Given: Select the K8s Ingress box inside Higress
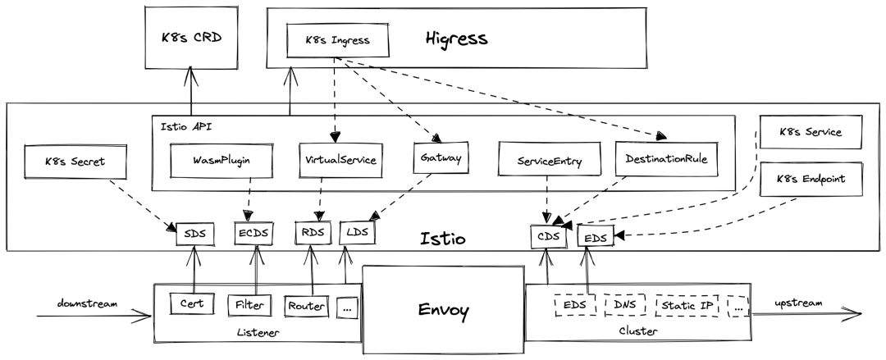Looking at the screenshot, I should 336,40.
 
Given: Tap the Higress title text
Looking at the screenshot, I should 457,38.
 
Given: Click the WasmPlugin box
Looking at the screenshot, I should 221,161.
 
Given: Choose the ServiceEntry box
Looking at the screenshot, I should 550,161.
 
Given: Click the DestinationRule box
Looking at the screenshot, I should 666,159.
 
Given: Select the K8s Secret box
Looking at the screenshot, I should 75,162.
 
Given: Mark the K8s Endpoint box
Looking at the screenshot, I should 811,179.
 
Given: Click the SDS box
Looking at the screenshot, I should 194,234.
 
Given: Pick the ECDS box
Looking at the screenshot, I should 253,233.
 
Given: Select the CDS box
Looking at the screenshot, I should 548,237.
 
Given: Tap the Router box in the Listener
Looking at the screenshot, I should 307,306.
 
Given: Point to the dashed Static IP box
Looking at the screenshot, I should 687,305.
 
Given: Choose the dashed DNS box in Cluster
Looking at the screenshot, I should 625,305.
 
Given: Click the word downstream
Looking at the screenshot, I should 88,303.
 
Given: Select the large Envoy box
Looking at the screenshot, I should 443,310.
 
